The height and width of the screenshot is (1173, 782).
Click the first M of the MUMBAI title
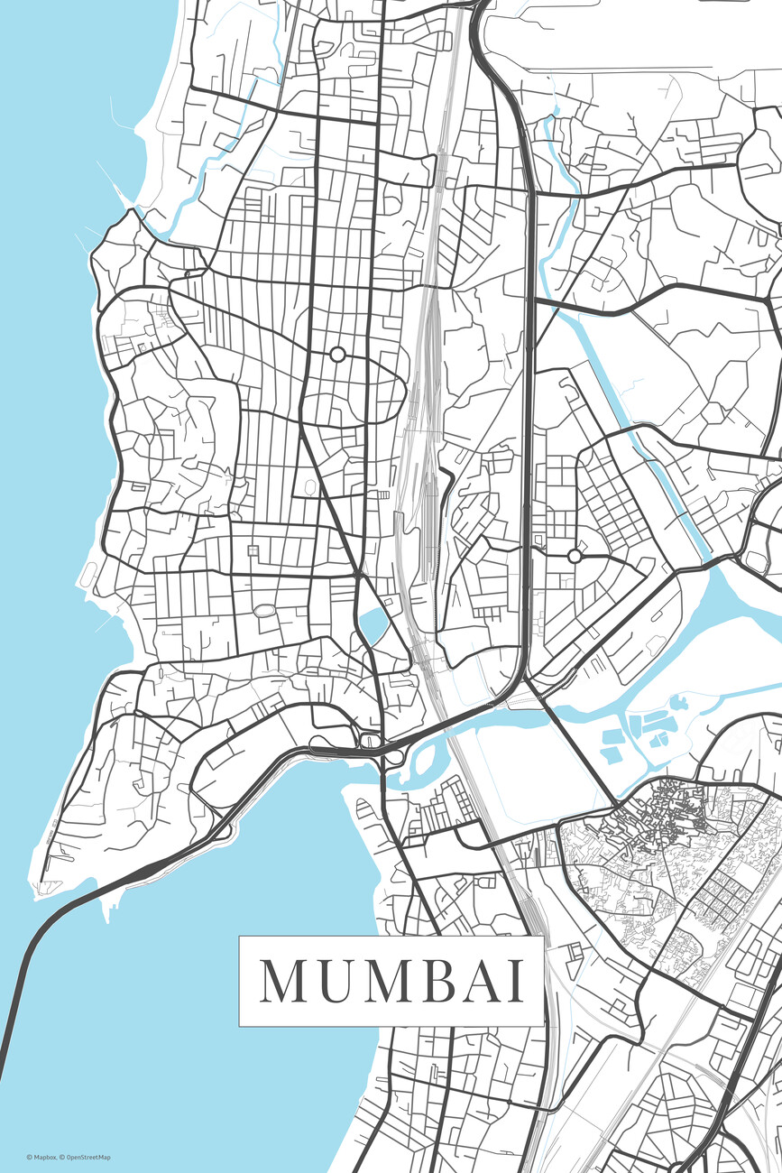pyautogui.click(x=283, y=981)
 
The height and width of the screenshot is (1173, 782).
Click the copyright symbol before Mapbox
pyautogui.click(x=28, y=1158)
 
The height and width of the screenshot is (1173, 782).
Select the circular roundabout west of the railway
pyautogui.click(x=337, y=355)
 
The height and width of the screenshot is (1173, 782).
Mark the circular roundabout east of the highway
pyautogui.click(x=575, y=556)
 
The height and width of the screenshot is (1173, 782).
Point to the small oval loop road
pyautogui.click(x=263, y=611)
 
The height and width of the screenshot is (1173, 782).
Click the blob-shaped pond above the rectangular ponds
pyautogui.click(x=656, y=644)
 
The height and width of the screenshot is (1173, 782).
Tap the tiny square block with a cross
pyautogui.click(x=253, y=550)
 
